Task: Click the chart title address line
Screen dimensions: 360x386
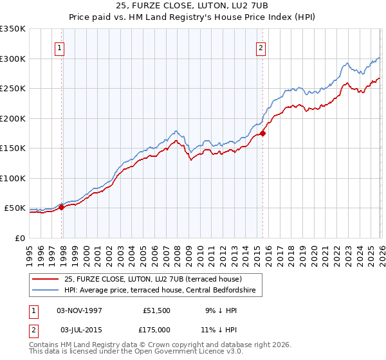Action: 192,6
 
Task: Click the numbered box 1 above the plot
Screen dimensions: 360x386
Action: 59,47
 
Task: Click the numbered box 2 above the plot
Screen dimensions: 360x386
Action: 261,47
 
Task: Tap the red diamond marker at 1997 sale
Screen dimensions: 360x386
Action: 62,207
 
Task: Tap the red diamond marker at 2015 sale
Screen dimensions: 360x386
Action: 262,134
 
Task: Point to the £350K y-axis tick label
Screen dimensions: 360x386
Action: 13,29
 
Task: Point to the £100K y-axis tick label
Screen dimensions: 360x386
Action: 13,178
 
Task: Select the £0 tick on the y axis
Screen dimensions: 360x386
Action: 19,238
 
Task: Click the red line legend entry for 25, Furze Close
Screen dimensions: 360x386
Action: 152,279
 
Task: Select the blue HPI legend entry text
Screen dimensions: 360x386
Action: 160,291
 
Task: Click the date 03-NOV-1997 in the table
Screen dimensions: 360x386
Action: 78,310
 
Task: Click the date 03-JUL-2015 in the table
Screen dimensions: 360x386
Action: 78,329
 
